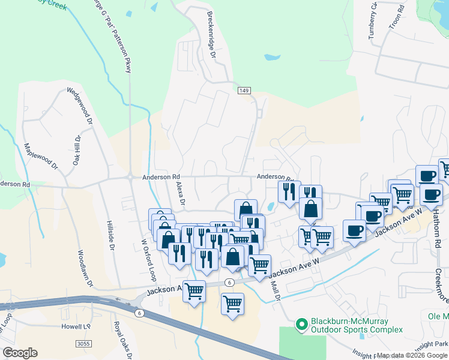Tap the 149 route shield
click(x=243, y=90)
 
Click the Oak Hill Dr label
click(x=76, y=150)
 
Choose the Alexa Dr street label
click(x=178, y=192)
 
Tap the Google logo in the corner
click(x=19, y=353)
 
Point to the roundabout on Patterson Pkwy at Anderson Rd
click(x=130, y=177)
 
